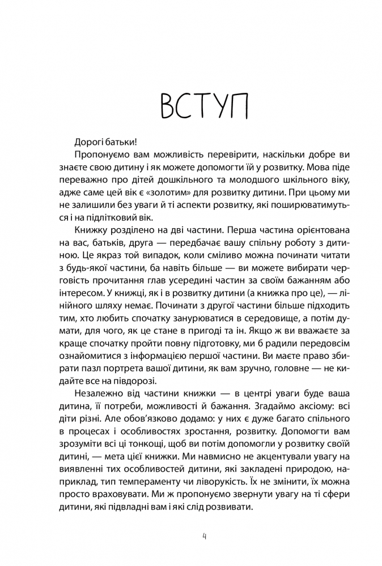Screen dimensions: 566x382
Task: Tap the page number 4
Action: (x=204, y=536)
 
